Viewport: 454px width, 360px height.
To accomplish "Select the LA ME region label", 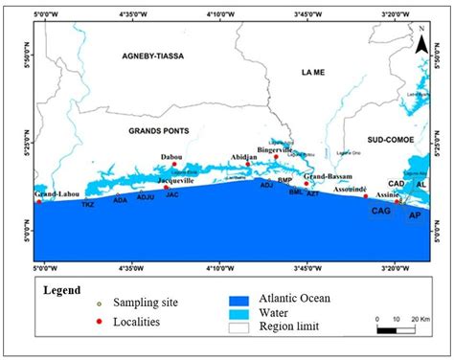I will click(312, 72).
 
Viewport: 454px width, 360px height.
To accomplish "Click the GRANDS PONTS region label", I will click(159, 130).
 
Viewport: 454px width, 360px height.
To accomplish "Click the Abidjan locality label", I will click(246, 157).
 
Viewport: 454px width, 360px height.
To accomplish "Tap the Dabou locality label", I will click(172, 158).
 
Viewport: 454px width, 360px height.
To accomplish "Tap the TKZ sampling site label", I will click(87, 205).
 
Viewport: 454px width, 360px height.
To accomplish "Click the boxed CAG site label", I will click(380, 211).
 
